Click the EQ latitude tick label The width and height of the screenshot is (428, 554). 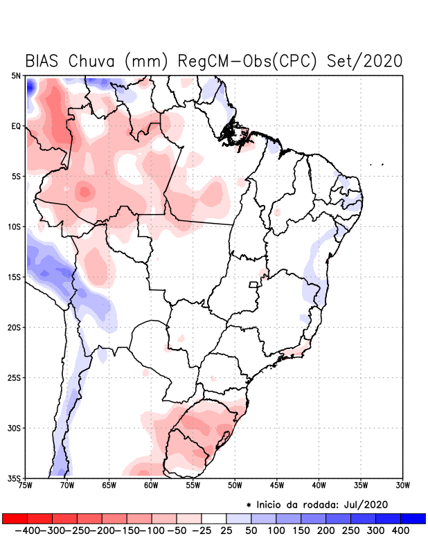(x=16, y=126)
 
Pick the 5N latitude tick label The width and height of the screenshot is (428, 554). (x=16, y=75)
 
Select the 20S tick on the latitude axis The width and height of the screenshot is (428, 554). (x=15, y=327)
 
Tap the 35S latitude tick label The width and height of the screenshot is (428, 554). (x=15, y=478)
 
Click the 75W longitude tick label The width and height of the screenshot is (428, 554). (x=26, y=485)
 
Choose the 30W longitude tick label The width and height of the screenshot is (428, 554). (x=402, y=485)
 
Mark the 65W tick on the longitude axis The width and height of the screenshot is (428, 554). (x=109, y=485)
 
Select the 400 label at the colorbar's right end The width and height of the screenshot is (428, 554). (x=400, y=530)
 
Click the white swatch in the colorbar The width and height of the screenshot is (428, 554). (x=214, y=518)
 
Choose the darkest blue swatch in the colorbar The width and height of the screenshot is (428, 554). (x=413, y=518)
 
